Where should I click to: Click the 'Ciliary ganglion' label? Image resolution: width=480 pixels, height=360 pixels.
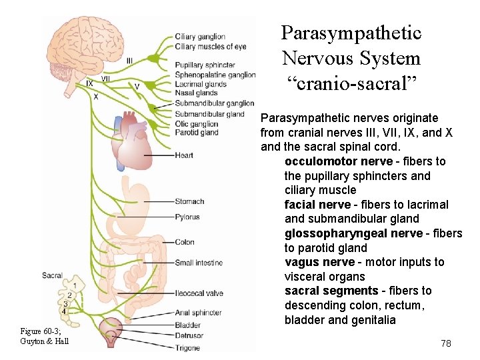[200, 37]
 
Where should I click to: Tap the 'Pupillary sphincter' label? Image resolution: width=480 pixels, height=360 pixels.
[205, 65]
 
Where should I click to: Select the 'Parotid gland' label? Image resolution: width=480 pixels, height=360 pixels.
[197, 133]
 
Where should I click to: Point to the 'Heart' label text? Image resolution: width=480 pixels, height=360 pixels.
[184, 155]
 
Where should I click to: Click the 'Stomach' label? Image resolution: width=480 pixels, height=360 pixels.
[189, 201]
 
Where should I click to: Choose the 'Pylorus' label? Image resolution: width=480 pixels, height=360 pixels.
[187, 217]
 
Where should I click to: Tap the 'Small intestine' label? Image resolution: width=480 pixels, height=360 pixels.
[199, 263]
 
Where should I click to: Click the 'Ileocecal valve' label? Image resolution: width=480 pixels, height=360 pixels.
[199, 293]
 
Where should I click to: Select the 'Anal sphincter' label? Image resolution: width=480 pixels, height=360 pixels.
[198, 312]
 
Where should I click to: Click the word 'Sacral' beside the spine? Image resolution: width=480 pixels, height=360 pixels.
[52, 275]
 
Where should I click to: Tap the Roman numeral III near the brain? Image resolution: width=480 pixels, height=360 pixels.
[129, 61]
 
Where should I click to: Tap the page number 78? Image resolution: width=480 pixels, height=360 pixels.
[446, 343]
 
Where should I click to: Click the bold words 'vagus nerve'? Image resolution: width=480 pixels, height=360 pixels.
[315, 262]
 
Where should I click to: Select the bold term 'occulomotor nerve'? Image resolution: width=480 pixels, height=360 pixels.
[339, 161]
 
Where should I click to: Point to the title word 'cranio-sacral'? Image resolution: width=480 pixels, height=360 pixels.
[351, 84]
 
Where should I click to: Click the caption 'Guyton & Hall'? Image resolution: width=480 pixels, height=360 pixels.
[44, 341]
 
